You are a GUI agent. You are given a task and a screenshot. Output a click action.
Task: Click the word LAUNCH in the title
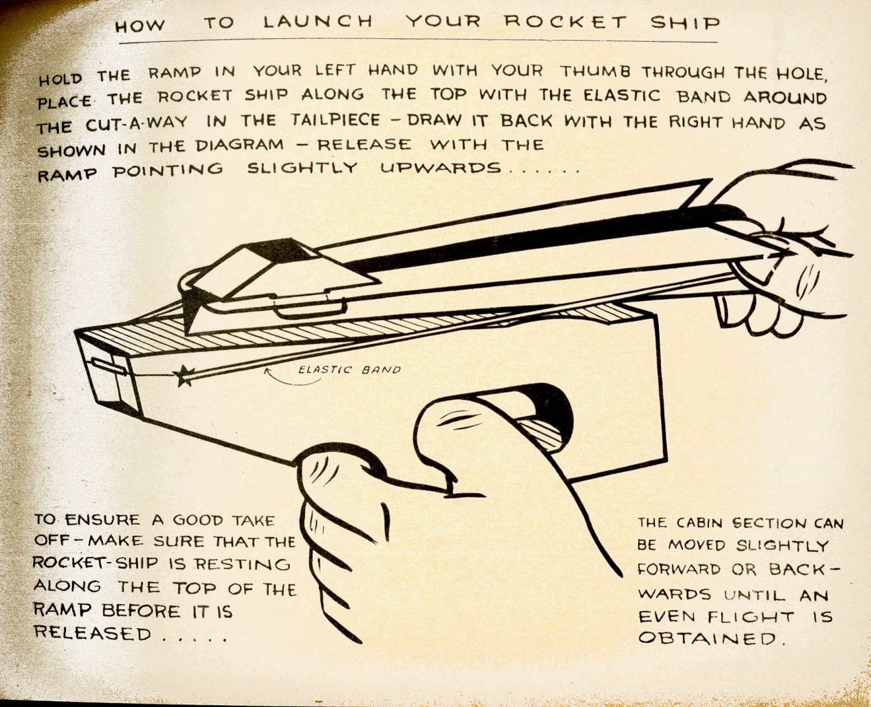318,22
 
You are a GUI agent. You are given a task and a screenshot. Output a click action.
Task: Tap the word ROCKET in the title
566,22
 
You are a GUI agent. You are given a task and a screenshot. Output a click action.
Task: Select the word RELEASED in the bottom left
93,633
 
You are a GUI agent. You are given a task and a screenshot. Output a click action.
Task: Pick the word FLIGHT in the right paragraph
751,617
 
